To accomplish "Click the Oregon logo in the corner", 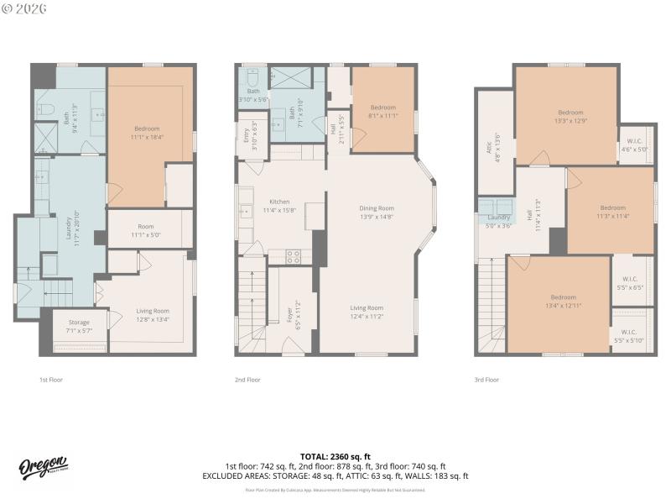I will pos(44,469).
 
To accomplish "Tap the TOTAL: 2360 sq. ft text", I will pos(335,456).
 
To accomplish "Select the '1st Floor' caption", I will pos(51,380).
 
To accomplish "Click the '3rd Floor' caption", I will pos(486,380).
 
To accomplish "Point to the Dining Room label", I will pos(377,212).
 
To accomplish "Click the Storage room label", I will pos(79,326).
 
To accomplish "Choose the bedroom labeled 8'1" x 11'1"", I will pos(382,111).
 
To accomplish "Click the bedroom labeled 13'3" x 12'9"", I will pos(570,116).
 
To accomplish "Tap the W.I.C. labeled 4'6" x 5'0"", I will pos(634,144).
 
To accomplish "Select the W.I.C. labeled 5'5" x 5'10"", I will pos(629,336).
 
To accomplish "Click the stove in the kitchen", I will pos(294,257).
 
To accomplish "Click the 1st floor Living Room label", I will pos(153,315).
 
